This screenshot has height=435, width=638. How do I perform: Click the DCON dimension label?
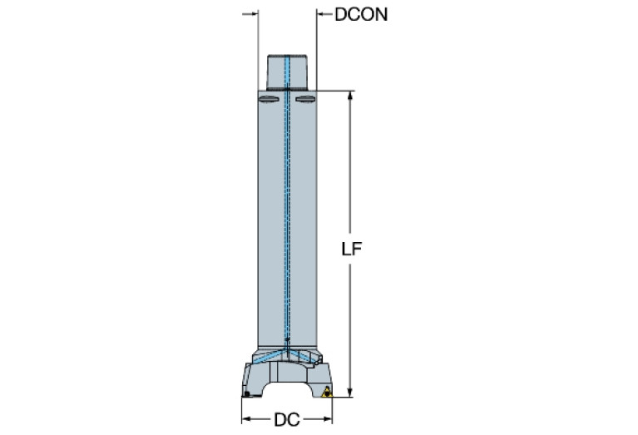tap(361, 15)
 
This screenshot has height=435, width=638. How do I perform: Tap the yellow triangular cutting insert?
tap(327, 392)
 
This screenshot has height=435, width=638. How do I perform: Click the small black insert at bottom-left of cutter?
tap(247, 391)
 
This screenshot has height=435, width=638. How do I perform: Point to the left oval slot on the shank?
tap(270, 101)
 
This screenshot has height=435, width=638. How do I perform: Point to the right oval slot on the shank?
tap(305, 101)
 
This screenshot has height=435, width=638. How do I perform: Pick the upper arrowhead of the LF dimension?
tap(350, 93)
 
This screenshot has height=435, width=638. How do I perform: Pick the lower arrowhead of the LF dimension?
tap(350, 393)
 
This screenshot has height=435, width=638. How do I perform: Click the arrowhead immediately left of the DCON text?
tap(323, 14)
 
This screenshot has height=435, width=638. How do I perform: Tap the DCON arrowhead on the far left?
tap(250, 14)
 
